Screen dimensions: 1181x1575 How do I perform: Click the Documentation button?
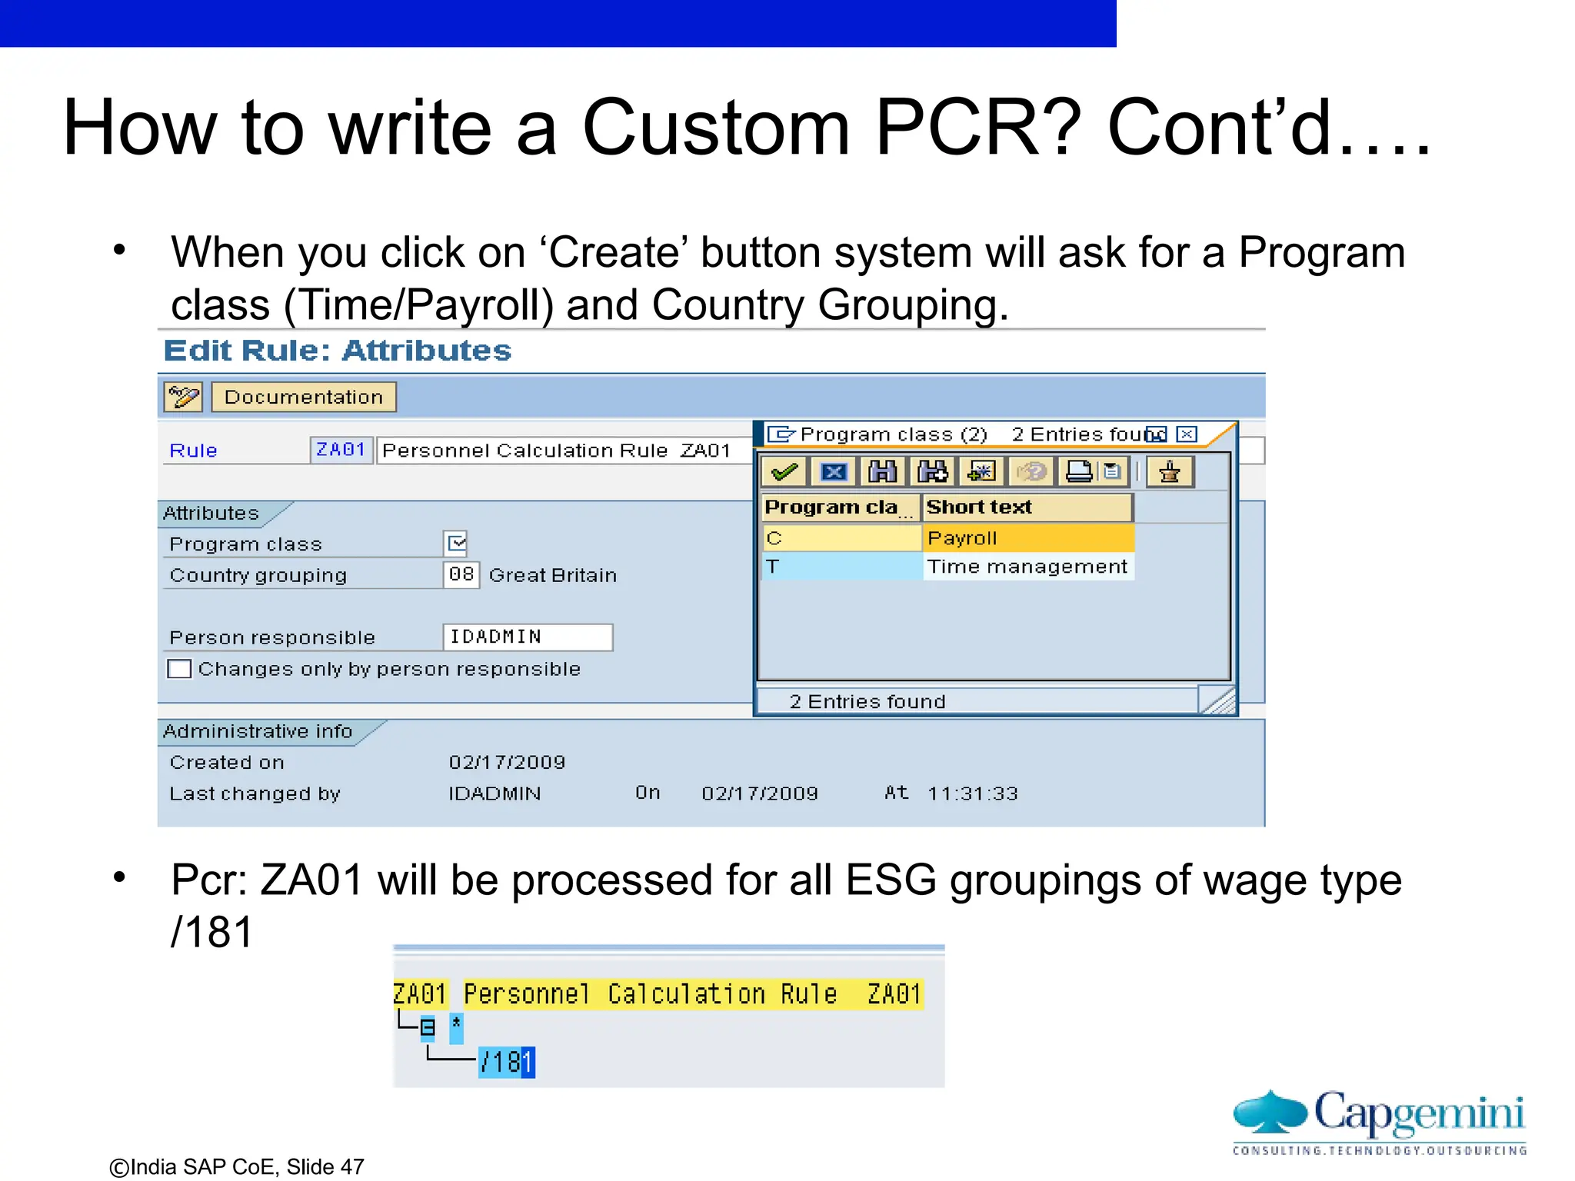pos(303,397)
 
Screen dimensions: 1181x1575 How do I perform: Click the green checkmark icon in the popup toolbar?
pos(784,471)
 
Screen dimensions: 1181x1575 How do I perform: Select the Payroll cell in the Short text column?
pos(1027,538)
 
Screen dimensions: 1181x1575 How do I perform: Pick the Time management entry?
pos(1027,567)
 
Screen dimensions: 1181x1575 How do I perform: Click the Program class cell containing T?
pos(841,567)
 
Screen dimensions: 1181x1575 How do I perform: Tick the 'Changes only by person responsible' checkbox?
pos(179,669)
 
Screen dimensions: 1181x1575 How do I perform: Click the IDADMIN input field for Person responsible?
pos(528,637)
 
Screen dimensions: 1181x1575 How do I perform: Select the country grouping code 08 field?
pos(461,574)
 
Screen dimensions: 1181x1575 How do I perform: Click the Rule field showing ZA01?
pos(341,450)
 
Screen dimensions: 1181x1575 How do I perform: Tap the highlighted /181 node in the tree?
pos(506,1062)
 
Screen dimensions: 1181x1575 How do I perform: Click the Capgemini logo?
pos(1380,1121)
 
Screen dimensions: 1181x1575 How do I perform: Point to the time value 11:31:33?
pos(972,793)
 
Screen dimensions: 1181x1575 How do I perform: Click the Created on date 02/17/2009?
pos(507,762)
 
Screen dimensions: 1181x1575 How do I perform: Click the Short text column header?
pos(1026,507)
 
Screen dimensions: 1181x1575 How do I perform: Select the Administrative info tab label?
pos(258,731)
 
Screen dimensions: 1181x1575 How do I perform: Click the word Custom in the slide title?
pos(715,128)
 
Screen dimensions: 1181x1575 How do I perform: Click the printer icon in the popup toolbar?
pos(1079,471)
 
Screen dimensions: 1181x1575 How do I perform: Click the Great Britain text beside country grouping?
pos(552,575)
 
